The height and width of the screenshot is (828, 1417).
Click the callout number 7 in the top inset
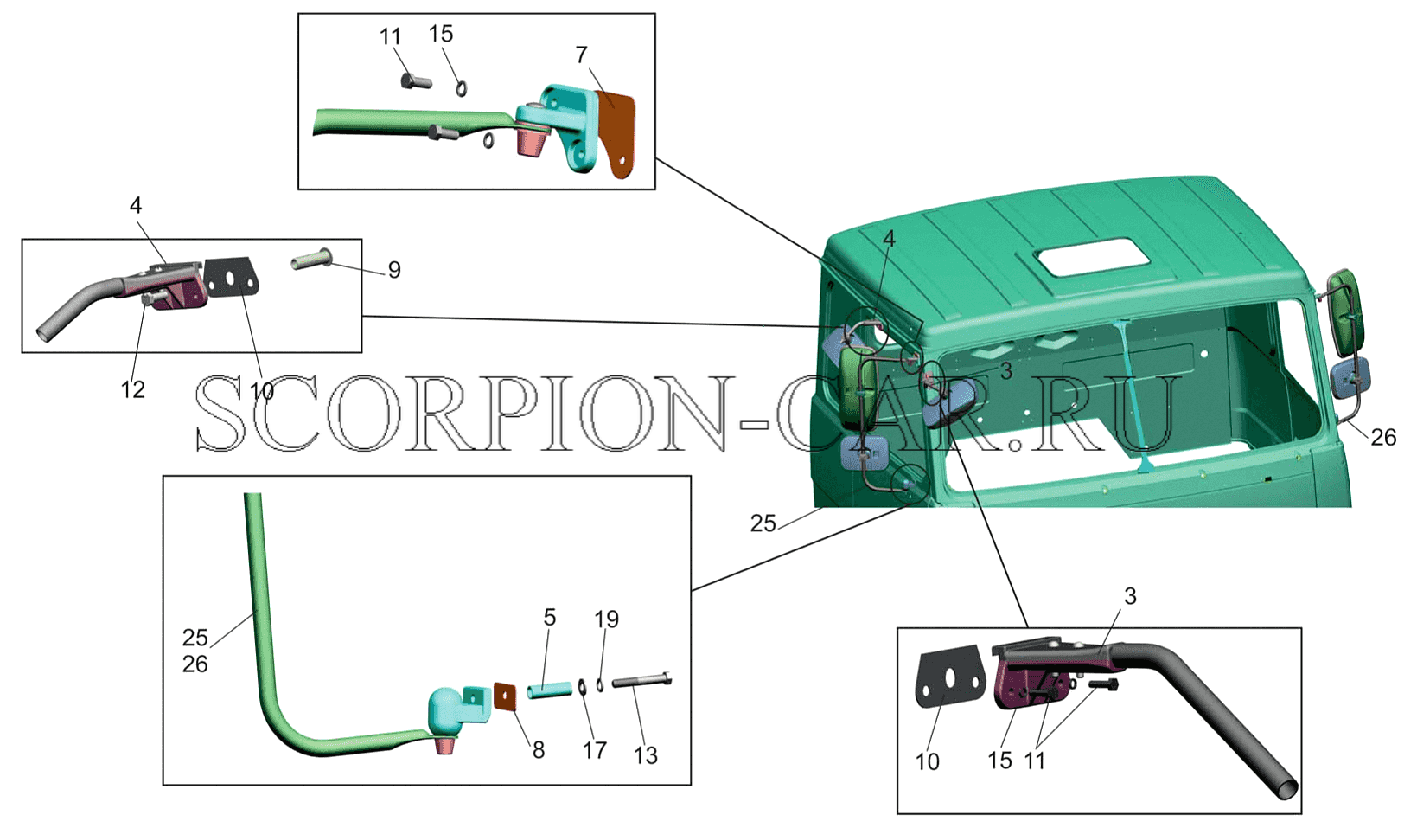tap(581, 55)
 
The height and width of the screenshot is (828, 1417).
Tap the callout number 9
tap(394, 270)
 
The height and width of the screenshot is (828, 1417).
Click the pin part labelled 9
tap(312, 259)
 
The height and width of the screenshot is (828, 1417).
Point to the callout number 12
tap(133, 390)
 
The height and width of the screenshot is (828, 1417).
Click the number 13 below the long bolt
tap(646, 755)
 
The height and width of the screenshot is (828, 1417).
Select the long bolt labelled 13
tap(641, 680)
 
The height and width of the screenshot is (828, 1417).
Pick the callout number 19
tap(607, 619)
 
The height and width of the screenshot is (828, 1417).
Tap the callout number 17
tap(595, 750)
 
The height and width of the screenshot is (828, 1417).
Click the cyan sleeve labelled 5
tap(550, 690)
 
